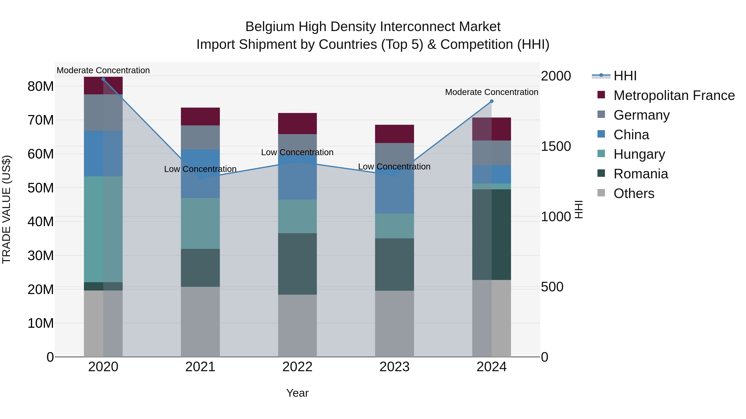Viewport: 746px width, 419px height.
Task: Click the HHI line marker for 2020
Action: [103, 79]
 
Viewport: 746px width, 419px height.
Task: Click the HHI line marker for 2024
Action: [492, 101]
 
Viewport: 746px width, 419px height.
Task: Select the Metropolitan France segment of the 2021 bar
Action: [200, 116]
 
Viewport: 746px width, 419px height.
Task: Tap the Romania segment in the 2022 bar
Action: [297, 264]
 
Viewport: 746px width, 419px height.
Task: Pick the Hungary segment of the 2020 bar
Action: [103, 229]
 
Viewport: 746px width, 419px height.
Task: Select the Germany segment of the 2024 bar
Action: [492, 153]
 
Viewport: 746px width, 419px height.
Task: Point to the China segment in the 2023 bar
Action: [394, 194]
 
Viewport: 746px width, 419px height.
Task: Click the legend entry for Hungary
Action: [639, 154]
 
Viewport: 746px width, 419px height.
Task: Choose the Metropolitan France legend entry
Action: [674, 95]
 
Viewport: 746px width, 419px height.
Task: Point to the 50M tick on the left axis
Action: [41, 188]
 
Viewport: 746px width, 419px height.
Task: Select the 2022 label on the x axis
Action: [297, 367]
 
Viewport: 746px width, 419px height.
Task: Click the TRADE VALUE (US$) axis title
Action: [6, 209]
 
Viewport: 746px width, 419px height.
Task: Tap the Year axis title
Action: [297, 393]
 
